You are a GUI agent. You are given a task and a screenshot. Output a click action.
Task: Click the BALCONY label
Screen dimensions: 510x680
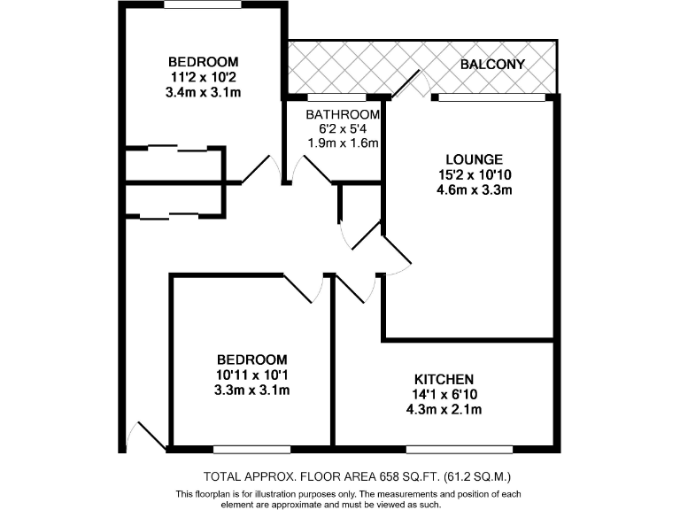tap(493, 65)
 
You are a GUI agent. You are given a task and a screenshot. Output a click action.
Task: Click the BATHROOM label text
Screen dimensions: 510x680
tap(343, 115)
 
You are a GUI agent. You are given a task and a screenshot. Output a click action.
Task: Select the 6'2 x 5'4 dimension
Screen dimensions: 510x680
tap(343, 129)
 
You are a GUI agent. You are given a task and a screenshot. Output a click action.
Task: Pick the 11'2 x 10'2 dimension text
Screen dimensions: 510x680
tap(204, 76)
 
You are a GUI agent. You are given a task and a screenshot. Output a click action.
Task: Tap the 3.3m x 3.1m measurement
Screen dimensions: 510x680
tap(252, 390)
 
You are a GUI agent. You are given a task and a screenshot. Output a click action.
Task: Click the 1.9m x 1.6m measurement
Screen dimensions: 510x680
tap(343, 143)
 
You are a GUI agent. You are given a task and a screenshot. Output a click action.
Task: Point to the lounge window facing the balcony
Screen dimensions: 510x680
tap(490, 97)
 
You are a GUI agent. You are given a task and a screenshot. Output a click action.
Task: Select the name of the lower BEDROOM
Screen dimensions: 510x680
tap(252, 359)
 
